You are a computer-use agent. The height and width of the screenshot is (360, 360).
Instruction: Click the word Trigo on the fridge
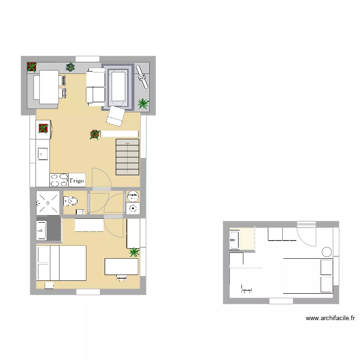[77, 181]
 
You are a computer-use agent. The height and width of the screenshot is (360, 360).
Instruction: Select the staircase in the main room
[127, 157]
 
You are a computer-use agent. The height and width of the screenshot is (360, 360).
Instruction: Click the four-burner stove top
[59, 180]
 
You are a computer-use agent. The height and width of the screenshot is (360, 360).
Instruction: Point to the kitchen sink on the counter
[43, 154]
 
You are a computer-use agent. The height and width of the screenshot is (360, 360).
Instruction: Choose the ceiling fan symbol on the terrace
[142, 76]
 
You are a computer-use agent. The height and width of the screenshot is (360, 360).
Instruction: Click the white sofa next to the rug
[96, 86]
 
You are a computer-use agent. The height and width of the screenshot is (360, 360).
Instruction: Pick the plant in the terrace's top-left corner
[32, 67]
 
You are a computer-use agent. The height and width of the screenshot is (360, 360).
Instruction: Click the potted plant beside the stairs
[95, 135]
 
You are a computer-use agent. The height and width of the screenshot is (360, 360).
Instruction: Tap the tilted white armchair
[116, 115]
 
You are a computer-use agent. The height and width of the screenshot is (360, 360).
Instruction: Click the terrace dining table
[48, 86]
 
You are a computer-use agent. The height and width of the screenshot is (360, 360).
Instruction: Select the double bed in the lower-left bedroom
[61, 263]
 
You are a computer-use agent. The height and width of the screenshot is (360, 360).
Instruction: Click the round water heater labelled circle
[132, 196]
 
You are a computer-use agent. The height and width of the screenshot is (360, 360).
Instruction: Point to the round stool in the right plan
[326, 252]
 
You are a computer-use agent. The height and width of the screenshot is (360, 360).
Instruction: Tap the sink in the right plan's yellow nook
[234, 240]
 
